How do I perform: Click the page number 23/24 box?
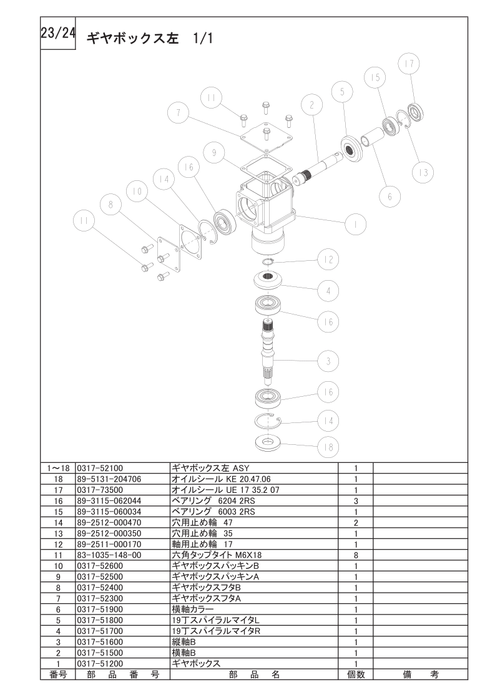click(57, 33)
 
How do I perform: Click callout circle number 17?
click(409, 64)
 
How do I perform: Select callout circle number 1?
click(355, 224)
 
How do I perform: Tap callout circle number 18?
click(328, 447)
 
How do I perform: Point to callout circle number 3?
click(328, 361)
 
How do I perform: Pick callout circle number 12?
click(328, 260)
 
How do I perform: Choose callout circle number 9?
click(215, 153)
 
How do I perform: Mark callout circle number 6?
click(390, 197)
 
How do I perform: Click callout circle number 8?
click(110, 205)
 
